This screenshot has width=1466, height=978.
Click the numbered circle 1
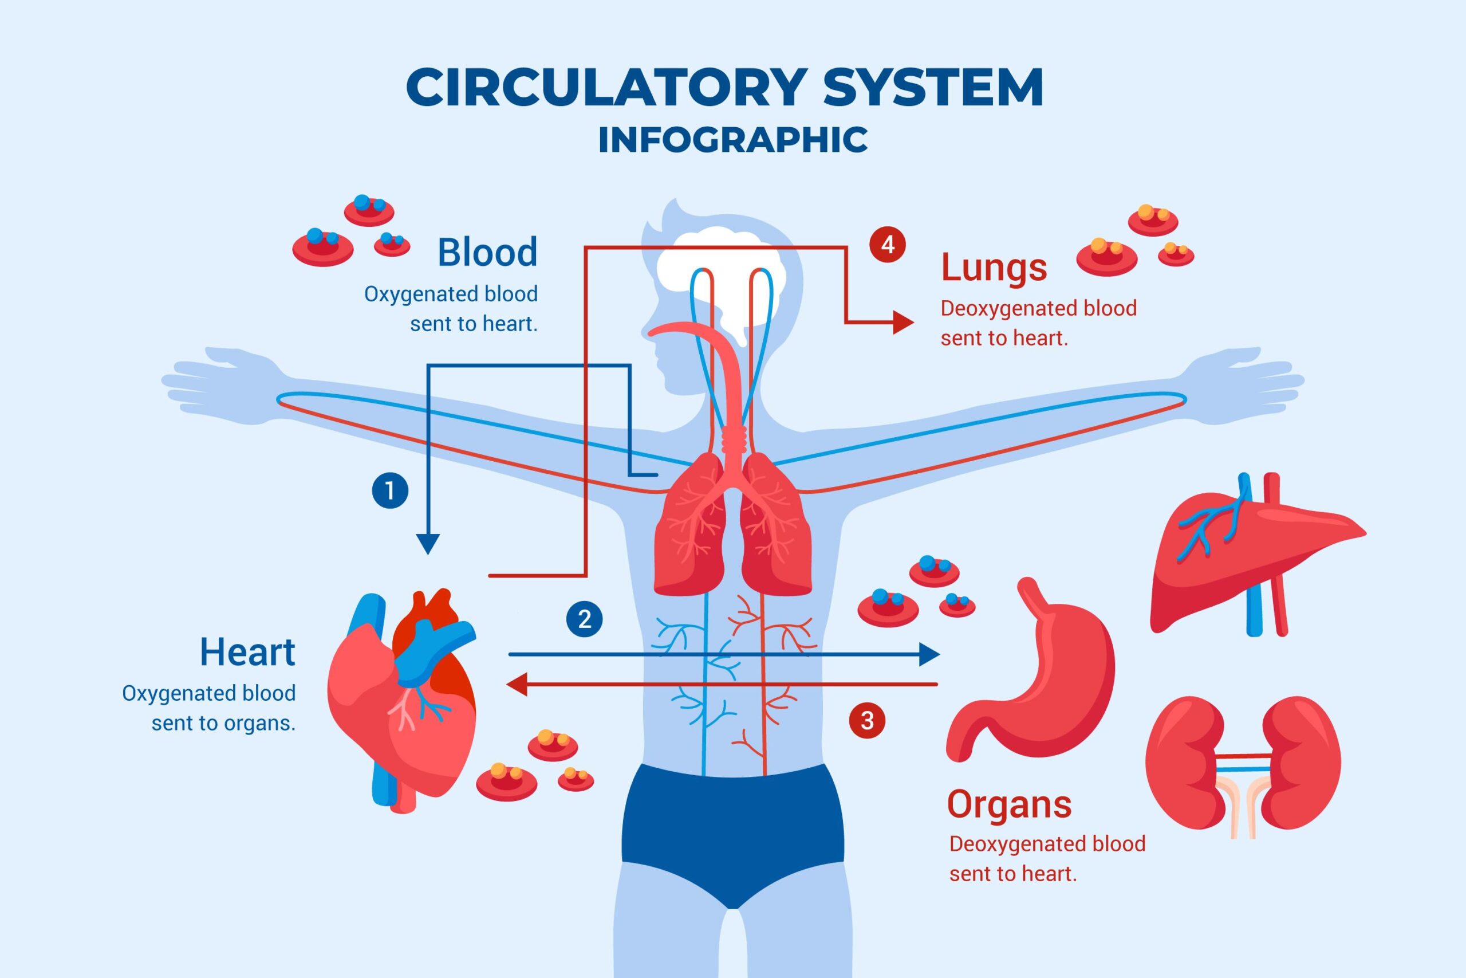(x=390, y=490)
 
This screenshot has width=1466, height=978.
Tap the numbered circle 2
(x=584, y=619)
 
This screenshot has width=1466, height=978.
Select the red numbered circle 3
(x=867, y=721)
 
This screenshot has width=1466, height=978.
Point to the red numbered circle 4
(x=888, y=244)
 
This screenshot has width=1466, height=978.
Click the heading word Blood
(x=487, y=253)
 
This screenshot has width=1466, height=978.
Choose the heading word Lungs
(x=994, y=268)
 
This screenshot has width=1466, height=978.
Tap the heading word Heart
(x=247, y=653)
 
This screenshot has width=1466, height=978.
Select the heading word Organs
(x=1009, y=804)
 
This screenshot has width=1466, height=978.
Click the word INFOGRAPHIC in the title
(x=733, y=140)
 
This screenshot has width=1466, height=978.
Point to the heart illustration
(x=402, y=698)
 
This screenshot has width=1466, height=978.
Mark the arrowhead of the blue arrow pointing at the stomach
(x=929, y=654)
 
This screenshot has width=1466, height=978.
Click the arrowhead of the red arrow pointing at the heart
(x=517, y=684)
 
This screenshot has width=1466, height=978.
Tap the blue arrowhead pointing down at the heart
(x=428, y=544)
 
